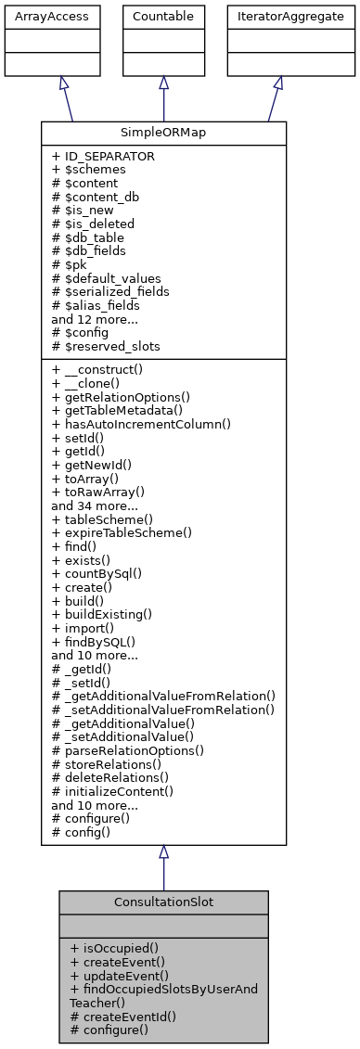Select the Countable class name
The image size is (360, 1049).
163,17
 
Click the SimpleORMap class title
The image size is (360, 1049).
163,133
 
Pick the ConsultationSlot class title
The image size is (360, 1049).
163,901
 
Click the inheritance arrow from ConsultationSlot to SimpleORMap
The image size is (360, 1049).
163,867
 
